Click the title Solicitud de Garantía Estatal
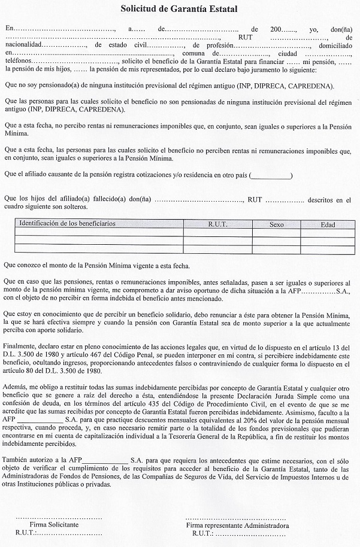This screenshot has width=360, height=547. [179, 10]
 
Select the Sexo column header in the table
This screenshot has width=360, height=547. [276, 225]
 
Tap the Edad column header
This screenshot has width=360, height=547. [328, 225]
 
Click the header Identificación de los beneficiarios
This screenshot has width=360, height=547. [68, 224]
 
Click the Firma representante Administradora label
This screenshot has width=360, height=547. [237, 525]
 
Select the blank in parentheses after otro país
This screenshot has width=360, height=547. [271, 175]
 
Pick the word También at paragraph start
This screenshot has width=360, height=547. [19, 460]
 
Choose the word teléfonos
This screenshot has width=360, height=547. [19, 62]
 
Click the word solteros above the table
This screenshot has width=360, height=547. [72, 207]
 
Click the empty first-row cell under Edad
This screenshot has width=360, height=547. [328, 235]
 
